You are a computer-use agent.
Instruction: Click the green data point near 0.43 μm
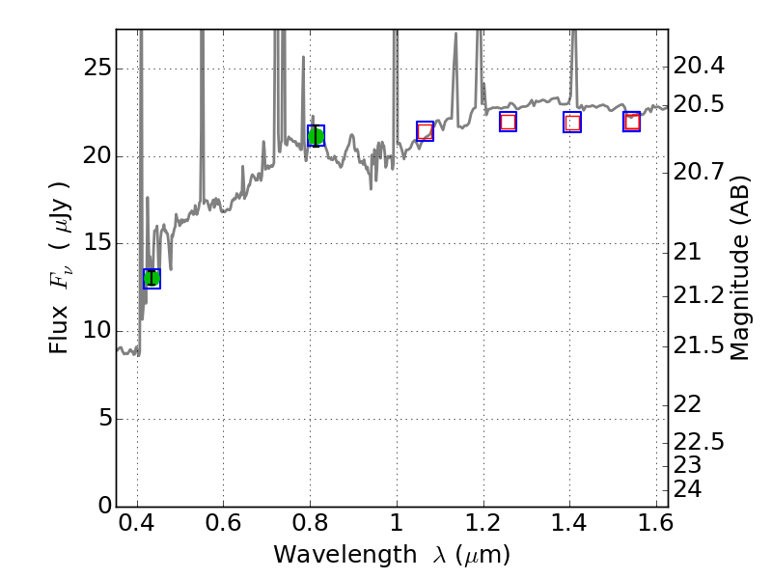[x=152, y=278]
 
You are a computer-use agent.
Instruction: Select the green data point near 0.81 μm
[x=316, y=136]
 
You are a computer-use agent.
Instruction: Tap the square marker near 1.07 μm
[x=425, y=131]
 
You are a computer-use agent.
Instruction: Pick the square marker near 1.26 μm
[x=508, y=122]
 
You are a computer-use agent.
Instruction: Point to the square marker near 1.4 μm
[x=572, y=123]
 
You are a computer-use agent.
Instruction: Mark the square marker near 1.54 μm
[x=632, y=122]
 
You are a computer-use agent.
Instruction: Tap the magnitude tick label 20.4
[x=700, y=67]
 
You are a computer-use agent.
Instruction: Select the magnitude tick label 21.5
[x=700, y=345]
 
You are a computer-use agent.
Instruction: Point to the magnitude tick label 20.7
[x=700, y=172]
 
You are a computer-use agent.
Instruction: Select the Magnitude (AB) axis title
[x=740, y=268]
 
